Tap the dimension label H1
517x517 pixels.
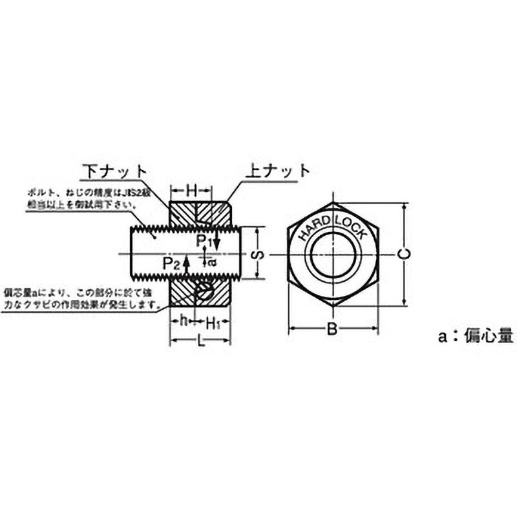(215, 322)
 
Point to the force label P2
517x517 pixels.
(171, 263)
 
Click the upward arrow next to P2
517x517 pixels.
(186, 264)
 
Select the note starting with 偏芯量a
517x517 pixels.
(81, 298)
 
